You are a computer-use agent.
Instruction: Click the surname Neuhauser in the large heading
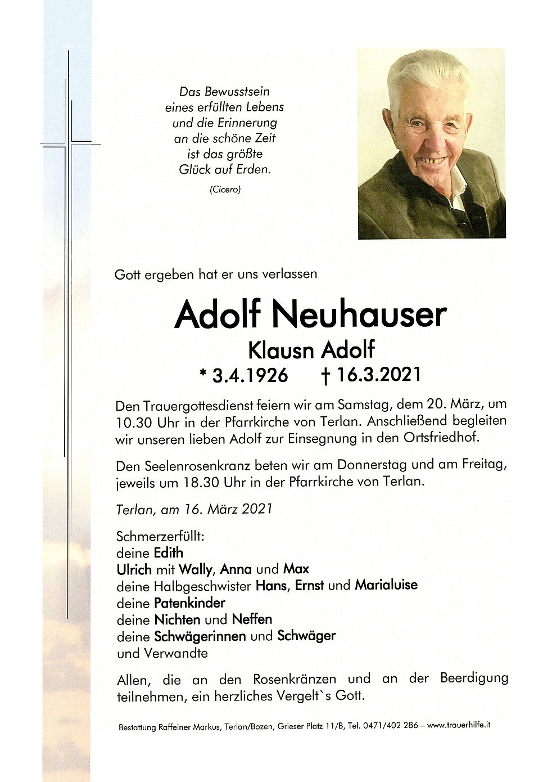point(359,315)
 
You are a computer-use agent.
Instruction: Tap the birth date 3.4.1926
point(250,375)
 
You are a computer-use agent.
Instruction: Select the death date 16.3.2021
point(378,375)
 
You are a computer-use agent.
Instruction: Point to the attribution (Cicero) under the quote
point(225,190)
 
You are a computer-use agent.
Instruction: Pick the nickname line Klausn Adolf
point(311,350)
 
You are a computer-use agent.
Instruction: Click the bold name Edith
point(168,552)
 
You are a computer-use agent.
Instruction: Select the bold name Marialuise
point(386,585)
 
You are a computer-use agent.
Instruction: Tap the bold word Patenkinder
point(189,603)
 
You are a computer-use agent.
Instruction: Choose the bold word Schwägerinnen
point(200,636)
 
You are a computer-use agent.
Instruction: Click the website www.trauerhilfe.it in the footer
point(458,725)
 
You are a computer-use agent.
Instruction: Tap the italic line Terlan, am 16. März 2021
point(194,509)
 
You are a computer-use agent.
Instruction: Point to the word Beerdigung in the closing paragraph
point(474,678)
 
